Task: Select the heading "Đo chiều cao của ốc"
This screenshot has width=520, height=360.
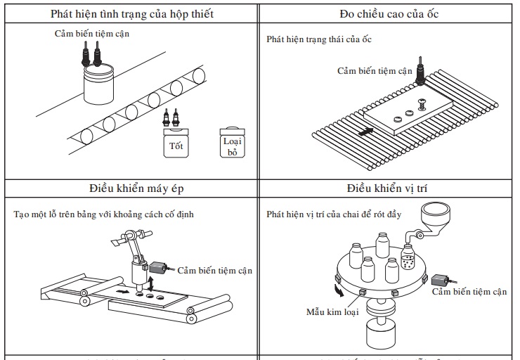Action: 389,14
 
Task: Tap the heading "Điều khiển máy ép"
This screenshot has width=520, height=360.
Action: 136,188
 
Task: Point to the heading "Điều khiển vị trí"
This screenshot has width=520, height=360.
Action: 389,188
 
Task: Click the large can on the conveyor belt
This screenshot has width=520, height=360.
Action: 99,84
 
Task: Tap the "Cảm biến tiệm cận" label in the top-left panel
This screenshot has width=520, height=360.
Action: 92,33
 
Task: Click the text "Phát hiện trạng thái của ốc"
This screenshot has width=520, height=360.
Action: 319,39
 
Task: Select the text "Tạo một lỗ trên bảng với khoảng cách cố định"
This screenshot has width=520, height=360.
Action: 103,214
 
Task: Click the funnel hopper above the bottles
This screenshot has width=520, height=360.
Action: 434,214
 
